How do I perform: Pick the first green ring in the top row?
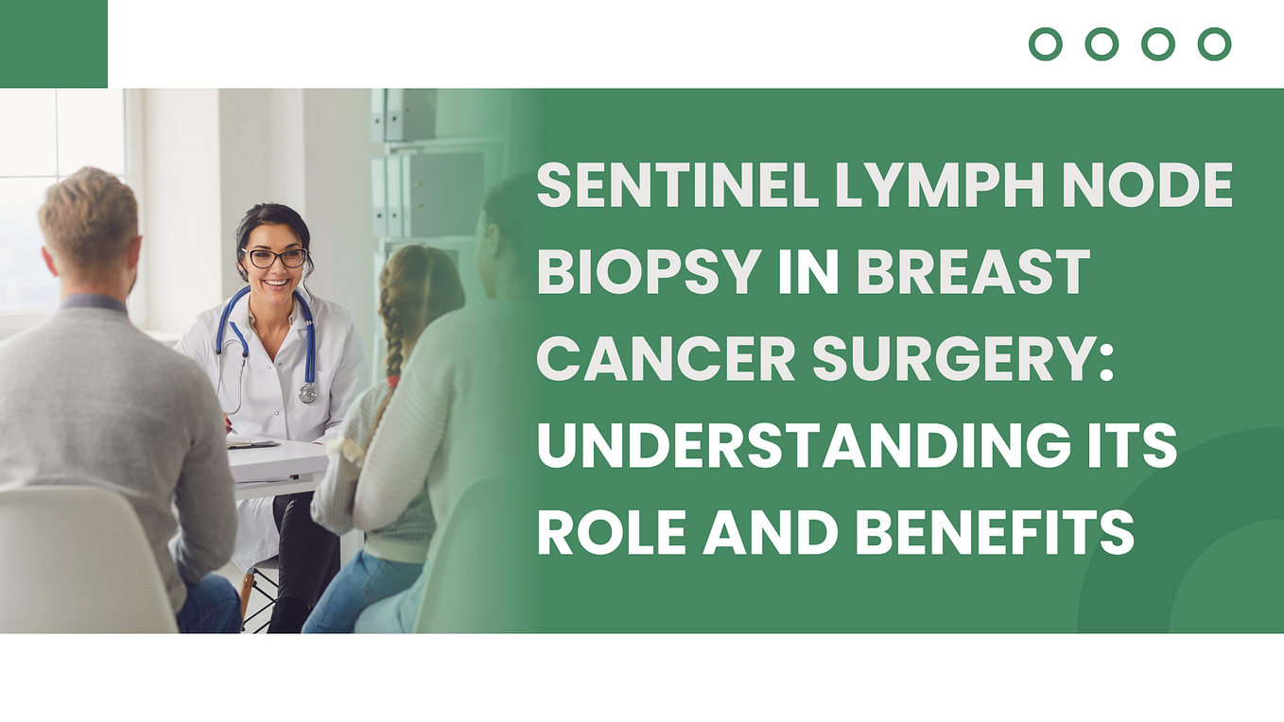pos(1045,43)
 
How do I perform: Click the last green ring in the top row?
pos(1214,43)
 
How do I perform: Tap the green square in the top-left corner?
pos(53,43)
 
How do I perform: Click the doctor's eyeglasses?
pos(274,257)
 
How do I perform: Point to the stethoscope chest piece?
pos(307,392)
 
